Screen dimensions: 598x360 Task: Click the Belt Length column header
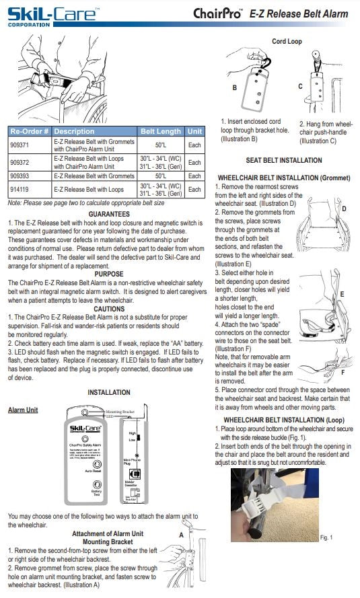159,130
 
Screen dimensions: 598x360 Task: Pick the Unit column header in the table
194,130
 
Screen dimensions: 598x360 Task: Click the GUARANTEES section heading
104,213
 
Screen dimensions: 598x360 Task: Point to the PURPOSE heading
104,274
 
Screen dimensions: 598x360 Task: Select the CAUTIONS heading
104,309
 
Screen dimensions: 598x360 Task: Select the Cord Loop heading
287,41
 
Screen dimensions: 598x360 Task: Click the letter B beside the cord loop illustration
234,87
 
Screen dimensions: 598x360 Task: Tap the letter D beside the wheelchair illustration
343,209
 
